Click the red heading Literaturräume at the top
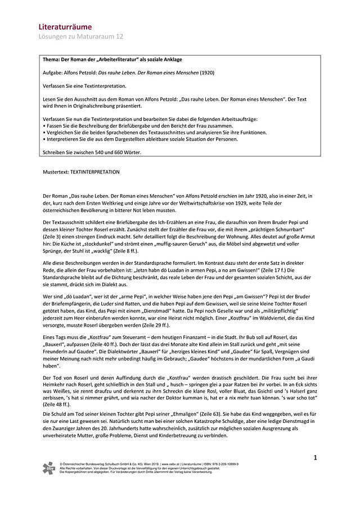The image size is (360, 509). click(x=65, y=26)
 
